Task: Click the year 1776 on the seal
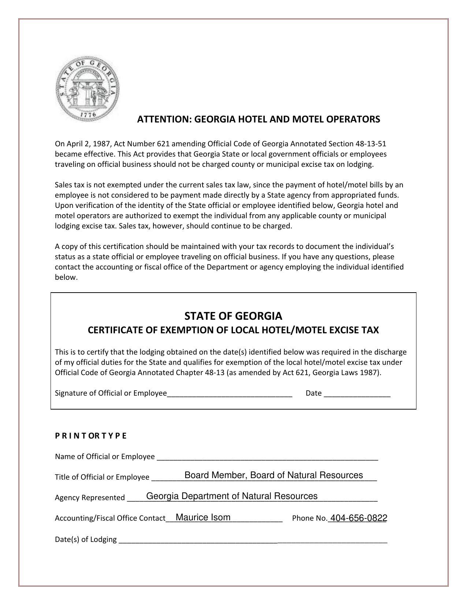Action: point(88,115)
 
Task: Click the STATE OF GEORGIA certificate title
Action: point(233,316)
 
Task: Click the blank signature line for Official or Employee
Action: point(230,394)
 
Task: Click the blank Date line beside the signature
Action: point(357,394)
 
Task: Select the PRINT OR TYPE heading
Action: point(90,436)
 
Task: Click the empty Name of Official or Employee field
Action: point(267,457)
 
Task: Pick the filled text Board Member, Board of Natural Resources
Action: point(274,476)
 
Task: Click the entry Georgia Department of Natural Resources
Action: point(232,496)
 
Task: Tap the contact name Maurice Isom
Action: point(203,517)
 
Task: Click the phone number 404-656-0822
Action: point(359,518)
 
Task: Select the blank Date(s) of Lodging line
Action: point(253,540)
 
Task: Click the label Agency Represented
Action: point(90,498)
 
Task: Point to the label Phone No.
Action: point(309,518)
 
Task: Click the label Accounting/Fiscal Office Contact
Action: point(110,518)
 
